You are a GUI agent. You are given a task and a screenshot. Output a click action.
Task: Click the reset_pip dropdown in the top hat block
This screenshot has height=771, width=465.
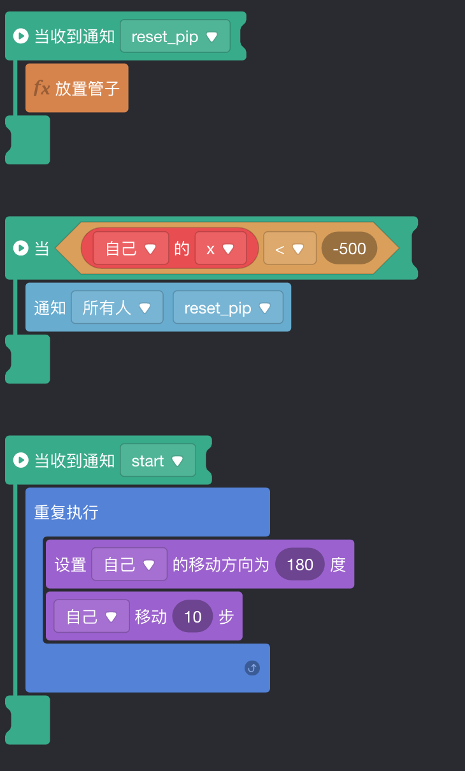tap(175, 36)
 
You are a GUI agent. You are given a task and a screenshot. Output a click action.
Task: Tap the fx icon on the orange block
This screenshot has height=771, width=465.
tap(41, 88)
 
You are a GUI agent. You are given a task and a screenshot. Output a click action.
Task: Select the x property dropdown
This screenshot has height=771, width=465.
tap(220, 249)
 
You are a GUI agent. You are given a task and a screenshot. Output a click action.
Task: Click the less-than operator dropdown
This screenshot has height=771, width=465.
tap(289, 249)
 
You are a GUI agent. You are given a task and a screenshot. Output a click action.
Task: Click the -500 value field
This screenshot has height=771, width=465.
tap(349, 249)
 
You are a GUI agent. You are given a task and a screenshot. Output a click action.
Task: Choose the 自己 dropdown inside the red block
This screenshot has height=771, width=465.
tap(131, 249)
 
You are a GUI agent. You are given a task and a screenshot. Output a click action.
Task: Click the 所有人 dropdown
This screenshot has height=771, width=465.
tap(117, 308)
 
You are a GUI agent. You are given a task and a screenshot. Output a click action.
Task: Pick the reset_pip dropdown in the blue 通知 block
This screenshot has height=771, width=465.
tap(227, 308)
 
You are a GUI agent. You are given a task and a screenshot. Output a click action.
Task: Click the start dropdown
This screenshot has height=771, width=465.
tap(157, 461)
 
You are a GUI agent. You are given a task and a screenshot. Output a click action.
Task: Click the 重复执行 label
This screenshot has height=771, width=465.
tap(66, 512)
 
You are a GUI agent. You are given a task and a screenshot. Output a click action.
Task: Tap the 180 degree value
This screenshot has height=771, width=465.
tap(300, 565)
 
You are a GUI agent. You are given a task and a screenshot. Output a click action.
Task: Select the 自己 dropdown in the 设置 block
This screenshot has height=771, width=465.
tap(129, 565)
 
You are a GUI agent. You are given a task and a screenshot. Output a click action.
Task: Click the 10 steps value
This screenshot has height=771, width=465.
tap(192, 616)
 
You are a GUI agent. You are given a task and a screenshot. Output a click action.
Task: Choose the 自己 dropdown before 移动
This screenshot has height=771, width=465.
tap(92, 616)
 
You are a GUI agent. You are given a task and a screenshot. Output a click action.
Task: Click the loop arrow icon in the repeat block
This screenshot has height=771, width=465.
tap(252, 668)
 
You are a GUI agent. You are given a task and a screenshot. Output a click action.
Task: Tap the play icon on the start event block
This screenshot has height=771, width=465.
tap(21, 460)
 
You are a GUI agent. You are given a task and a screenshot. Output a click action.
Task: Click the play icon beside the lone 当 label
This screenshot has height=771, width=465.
tap(21, 248)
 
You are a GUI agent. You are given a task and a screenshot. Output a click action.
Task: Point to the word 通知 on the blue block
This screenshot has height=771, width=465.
tap(50, 308)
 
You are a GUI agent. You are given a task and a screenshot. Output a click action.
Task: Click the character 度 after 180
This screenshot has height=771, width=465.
tap(338, 565)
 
